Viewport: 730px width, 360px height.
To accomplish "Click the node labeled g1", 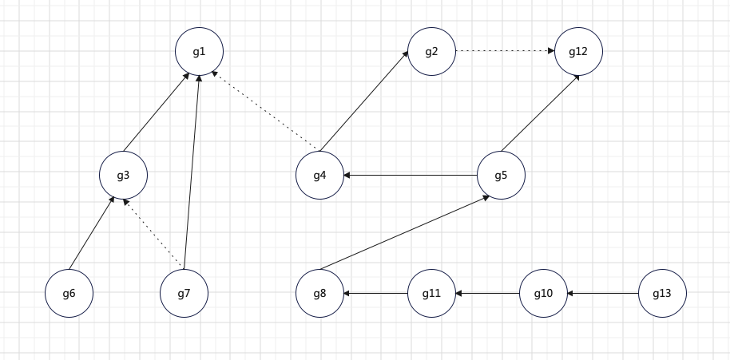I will (199, 52).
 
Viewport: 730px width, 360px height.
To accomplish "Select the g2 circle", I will (431, 52).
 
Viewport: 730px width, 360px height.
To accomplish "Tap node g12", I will (578, 52).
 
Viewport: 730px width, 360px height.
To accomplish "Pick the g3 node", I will (123, 175).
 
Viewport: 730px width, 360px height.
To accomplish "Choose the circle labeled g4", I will (319, 175).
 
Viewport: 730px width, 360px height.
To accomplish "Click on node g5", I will (501, 175).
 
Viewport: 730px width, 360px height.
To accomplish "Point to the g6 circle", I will (69, 294).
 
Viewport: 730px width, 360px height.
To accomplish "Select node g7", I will (184, 294).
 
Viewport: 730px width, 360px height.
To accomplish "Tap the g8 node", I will (319, 294).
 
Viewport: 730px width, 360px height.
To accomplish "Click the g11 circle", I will (431, 294).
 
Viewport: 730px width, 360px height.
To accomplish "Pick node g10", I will (543, 294).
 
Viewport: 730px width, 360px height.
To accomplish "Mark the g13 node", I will (662, 294).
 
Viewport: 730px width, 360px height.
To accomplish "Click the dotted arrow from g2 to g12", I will (505, 52).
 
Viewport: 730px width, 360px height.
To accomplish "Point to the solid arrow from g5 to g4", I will (411, 175).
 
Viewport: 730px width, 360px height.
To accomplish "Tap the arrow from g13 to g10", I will (603, 294).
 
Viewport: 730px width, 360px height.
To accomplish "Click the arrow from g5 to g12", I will (541, 113).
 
